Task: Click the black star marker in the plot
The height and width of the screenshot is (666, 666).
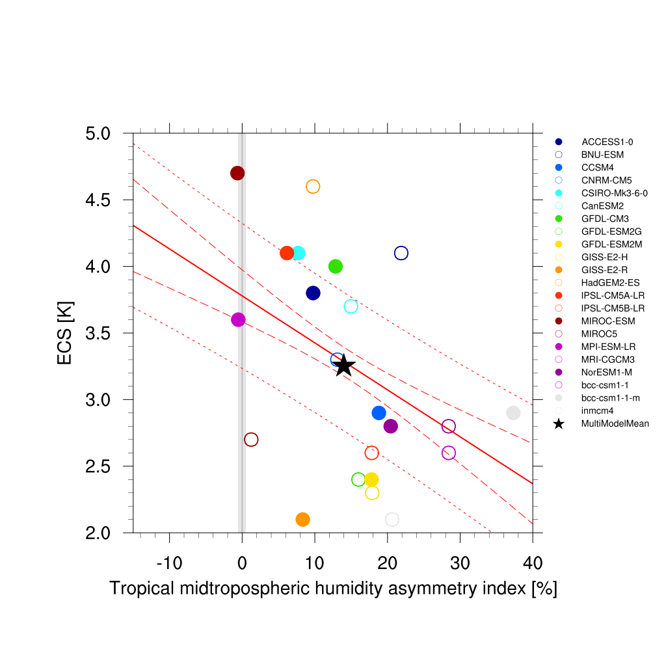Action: tap(344, 366)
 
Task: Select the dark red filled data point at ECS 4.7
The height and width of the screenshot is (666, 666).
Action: tap(237, 173)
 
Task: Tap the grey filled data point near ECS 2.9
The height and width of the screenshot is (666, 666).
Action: tap(513, 413)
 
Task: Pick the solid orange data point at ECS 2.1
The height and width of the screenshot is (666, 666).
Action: tap(302, 519)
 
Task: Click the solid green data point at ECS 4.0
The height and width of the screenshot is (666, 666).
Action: tap(336, 266)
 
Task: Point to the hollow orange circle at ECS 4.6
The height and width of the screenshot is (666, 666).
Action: tap(313, 187)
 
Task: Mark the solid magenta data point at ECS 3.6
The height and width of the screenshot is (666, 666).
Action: tap(238, 319)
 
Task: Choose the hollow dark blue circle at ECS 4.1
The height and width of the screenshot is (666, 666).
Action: tap(401, 253)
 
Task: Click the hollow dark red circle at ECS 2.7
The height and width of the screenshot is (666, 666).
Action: tap(251, 440)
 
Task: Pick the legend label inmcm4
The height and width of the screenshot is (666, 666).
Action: tap(597, 411)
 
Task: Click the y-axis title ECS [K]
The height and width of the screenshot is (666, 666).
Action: tap(65, 333)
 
